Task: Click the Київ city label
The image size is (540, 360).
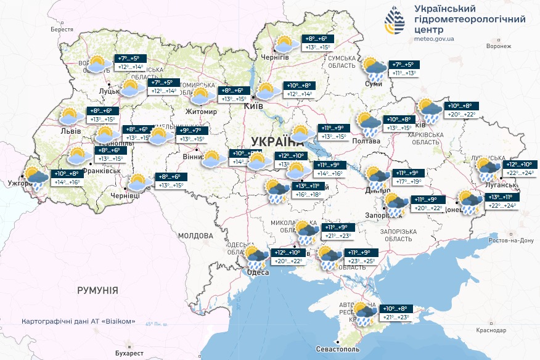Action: coord(254,107)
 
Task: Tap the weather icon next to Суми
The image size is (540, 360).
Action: coord(374,67)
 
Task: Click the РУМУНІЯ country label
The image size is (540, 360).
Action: coord(97,289)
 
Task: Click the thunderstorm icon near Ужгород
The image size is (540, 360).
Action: coord(36,178)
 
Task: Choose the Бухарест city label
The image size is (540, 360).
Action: coord(129,353)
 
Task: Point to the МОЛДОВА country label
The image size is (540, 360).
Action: coord(195,235)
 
